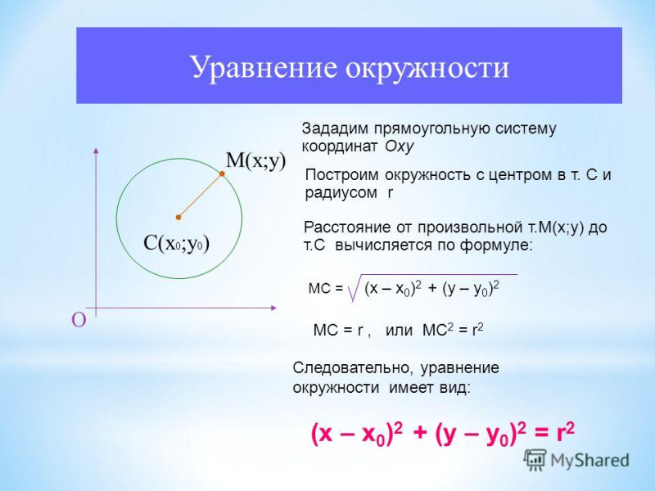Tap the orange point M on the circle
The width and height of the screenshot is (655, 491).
[222, 173]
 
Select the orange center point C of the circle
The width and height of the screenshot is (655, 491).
[178, 217]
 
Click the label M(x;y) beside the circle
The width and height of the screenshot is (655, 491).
[255, 160]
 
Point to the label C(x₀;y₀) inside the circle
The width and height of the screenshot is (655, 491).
[176, 244]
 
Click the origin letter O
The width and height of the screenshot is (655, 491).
[79, 320]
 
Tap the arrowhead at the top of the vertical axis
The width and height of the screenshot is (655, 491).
[96, 151]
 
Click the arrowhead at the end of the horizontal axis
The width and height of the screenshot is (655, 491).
[273, 309]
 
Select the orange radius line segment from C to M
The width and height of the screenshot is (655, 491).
[201, 196]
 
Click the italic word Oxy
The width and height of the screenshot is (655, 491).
[399, 146]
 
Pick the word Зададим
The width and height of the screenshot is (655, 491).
[335, 128]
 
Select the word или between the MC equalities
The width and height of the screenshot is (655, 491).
[399, 331]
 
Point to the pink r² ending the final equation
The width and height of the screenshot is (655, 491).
[565, 432]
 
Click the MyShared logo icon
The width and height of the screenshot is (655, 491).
[535, 461]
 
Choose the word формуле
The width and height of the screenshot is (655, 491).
[495, 245]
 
